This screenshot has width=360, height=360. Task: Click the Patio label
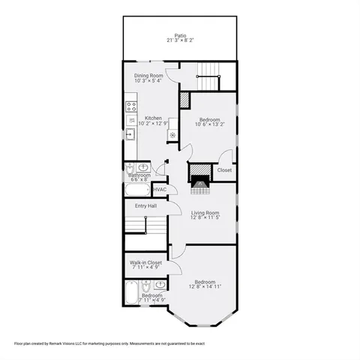(180, 34)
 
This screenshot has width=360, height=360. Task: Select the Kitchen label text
(153, 118)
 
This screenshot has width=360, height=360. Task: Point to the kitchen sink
(130, 135)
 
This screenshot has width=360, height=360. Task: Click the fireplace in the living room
(199, 180)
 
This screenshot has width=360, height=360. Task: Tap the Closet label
(224, 170)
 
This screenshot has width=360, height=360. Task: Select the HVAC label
(159, 190)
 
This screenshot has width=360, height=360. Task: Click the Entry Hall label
(145, 206)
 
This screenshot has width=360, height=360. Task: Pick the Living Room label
(203, 212)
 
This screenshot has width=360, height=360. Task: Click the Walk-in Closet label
(145, 262)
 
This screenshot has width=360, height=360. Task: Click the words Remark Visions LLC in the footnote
(71, 343)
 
